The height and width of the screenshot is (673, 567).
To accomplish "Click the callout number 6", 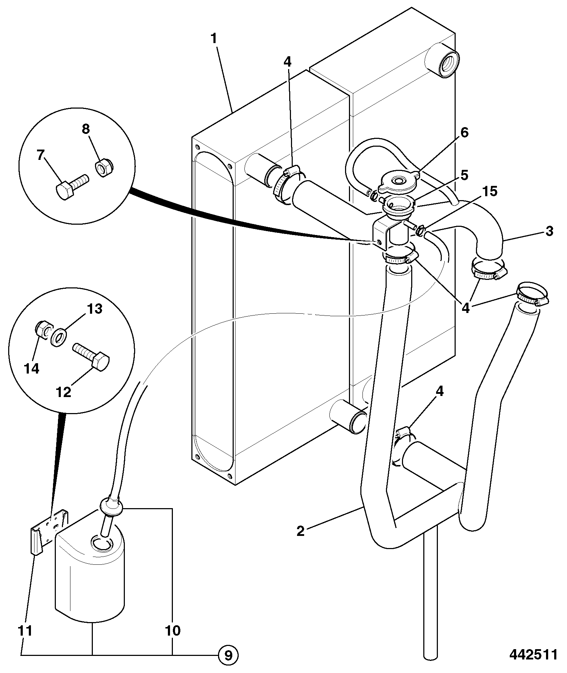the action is click(x=465, y=132).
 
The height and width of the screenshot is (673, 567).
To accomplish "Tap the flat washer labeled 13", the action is click(x=58, y=336).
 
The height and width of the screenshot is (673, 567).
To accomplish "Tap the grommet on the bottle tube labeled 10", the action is click(x=110, y=506).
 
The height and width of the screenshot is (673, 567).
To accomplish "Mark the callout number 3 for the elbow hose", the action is click(x=549, y=231).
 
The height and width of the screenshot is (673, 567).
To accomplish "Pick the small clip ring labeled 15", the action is click(x=420, y=232).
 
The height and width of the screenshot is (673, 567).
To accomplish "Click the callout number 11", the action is click(x=25, y=631).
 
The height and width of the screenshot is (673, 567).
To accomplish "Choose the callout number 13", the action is click(x=94, y=309).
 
